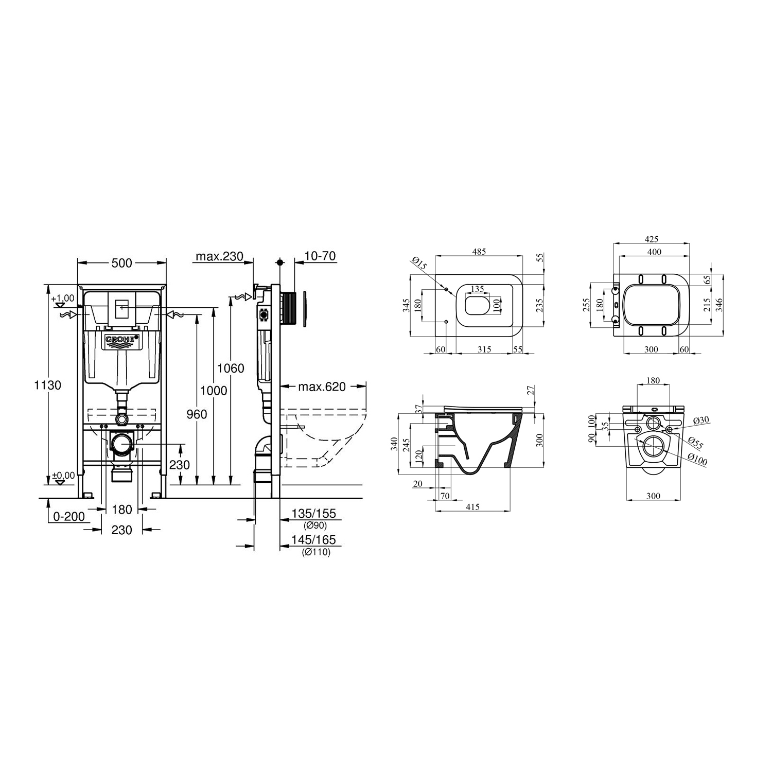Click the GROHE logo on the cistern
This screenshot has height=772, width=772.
(122, 340)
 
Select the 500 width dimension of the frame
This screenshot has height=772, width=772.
(121, 263)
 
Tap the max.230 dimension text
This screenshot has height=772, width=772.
(219, 256)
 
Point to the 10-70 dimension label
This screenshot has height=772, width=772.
(320, 256)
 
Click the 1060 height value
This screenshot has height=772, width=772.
(230, 368)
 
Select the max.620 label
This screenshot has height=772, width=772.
(322, 387)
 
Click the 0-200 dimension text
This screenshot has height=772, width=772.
(69, 516)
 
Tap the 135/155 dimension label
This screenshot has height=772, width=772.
(313, 513)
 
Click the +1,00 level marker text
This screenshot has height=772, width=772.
(63, 299)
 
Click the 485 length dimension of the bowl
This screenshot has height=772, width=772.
(479, 252)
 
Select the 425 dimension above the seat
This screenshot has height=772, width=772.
(651, 239)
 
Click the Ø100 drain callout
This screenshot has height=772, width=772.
(698, 460)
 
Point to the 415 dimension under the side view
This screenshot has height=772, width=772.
(472, 507)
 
